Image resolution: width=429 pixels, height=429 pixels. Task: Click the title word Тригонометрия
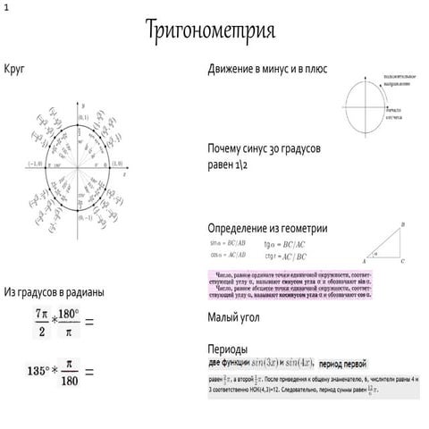(x=211, y=30)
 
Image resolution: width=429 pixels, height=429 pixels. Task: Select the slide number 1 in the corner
(x=5, y=6)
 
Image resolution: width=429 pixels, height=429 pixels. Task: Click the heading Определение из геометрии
(x=266, y=229)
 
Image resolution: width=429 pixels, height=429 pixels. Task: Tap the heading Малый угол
(x=236, y=316)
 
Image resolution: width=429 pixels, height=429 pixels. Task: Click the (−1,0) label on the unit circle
(x=36, y=164)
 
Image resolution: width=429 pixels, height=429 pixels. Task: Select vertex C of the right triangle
(x=403, y=262)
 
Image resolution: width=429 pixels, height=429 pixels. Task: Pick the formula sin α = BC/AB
(x=229, y=243)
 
